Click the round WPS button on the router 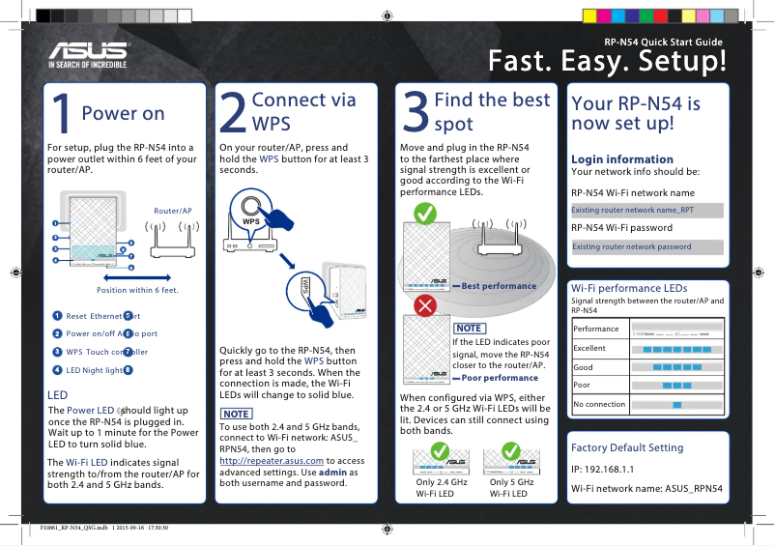253,208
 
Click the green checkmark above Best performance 422,213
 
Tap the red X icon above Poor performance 422,306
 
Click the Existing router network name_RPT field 646,210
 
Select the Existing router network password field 646,246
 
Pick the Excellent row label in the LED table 589,348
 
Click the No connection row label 599,404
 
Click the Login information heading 622,158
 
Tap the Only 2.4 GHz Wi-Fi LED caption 441,488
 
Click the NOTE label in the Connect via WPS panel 237,414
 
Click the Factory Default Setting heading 627,447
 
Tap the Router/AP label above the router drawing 173,210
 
